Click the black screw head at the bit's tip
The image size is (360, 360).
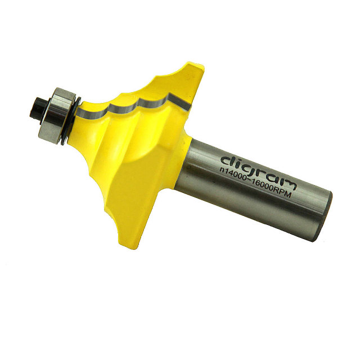coord(38,109)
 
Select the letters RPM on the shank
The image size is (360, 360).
coord(283,193)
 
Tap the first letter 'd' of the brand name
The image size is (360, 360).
coord(227,161)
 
